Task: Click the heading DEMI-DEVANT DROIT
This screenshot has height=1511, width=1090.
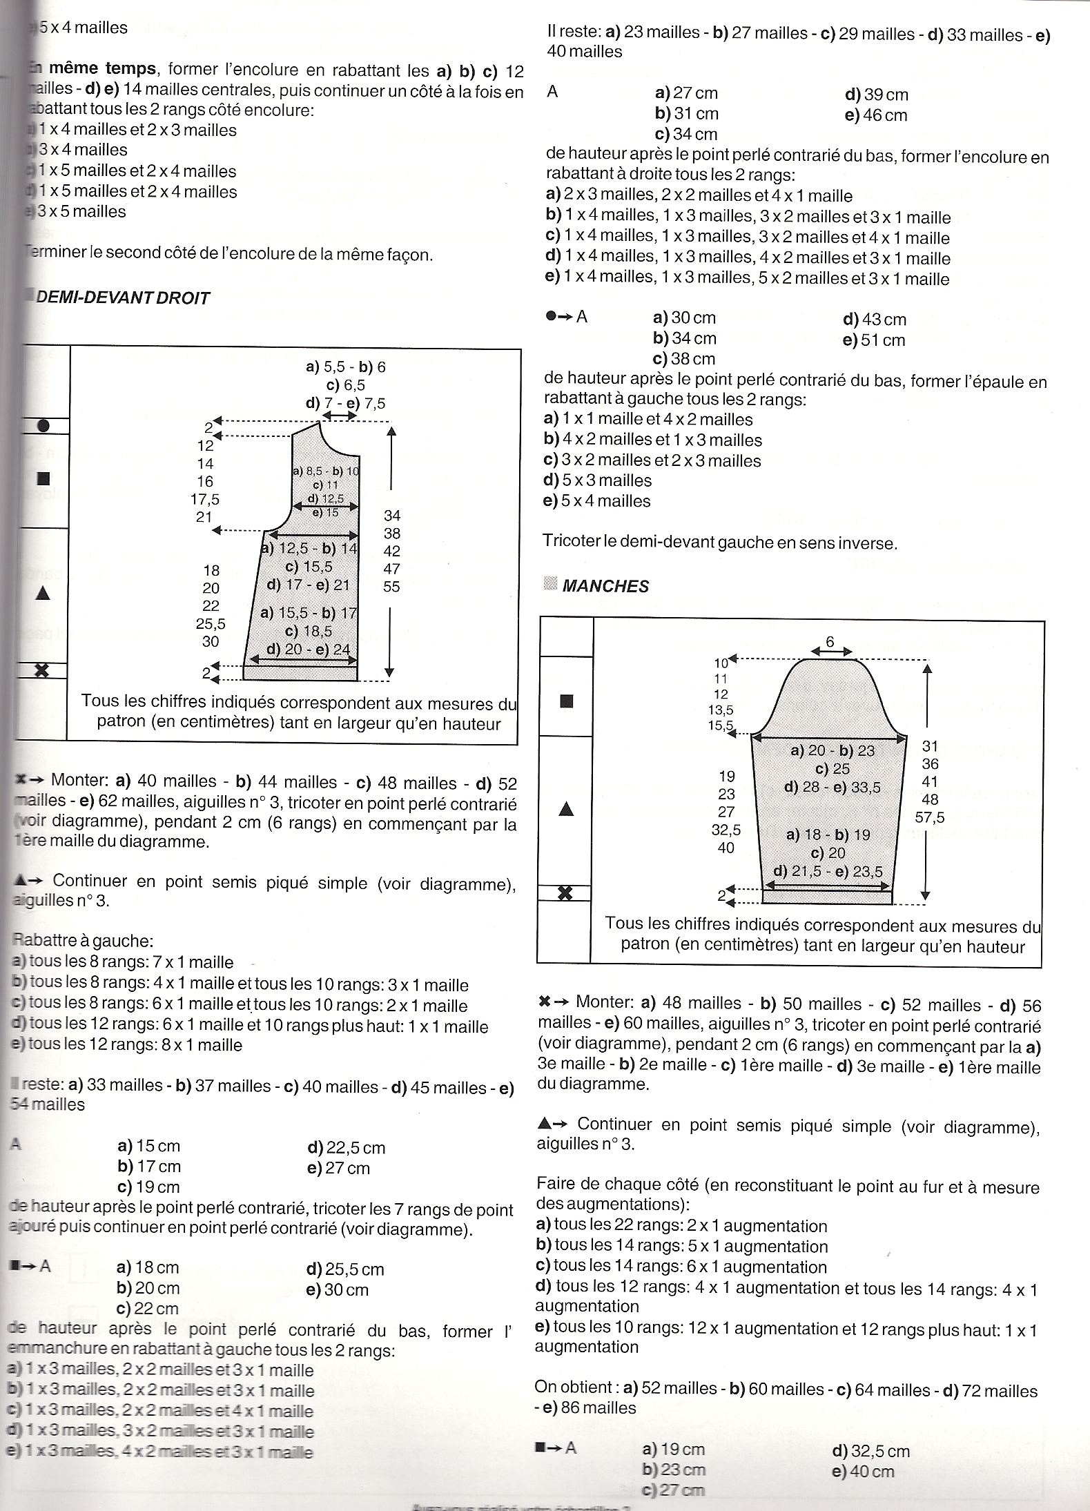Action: (122, 298)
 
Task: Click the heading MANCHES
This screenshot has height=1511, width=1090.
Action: (605, 586)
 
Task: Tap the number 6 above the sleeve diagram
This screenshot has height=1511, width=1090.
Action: (830, 641)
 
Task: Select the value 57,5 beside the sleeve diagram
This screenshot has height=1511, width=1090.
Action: (930, 818)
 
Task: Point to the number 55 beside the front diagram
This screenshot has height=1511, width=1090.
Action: (392, 587)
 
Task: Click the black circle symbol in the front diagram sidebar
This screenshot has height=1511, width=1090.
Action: (43, 426)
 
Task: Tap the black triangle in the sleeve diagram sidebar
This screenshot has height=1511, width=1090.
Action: (565, 809)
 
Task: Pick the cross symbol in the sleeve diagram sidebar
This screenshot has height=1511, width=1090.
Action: (565, 893)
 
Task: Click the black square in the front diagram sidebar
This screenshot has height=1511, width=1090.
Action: (43, 478)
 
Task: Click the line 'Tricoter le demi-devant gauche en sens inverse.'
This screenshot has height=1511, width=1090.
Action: (720, 543)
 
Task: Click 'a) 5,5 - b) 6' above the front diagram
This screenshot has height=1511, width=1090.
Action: (346, 367)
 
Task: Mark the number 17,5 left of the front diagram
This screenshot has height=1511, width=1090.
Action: (205, 498)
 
